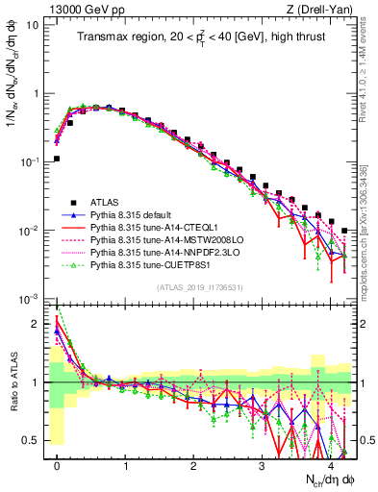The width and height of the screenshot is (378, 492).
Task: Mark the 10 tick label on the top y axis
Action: (33, 25)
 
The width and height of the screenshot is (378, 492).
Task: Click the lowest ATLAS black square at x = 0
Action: (57, 159)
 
